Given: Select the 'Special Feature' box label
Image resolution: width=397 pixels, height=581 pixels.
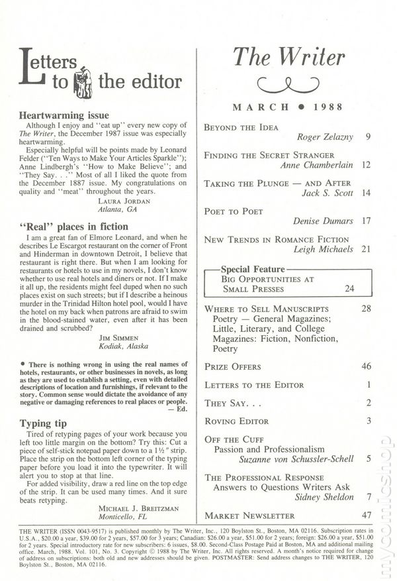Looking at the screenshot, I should point(253,270).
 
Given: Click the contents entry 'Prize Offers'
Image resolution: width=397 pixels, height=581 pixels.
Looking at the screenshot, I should point(233,366).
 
